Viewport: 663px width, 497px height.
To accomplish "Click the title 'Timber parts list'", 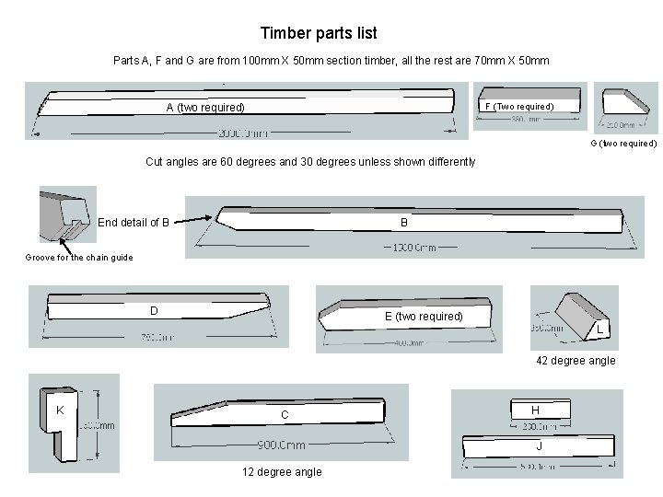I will click(319, 34).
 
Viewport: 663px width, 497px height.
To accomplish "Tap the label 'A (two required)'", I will click(205, 108).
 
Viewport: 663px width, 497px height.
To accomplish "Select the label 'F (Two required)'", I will click(520, 107).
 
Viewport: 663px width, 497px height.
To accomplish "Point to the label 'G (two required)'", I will click(623, 144).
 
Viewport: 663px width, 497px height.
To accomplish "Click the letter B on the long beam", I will click(403, 222).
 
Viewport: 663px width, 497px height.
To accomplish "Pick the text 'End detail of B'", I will click(134, 222).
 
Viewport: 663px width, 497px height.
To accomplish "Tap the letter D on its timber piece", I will click(155, 310).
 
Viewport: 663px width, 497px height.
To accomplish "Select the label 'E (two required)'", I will click(424, 317).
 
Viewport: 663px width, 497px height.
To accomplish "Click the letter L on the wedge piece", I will click(599, 329).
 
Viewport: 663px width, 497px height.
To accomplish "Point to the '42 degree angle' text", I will click(576, 361).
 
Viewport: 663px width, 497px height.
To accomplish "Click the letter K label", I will click(59, 409).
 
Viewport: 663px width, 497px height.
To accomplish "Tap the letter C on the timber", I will click(285, 415).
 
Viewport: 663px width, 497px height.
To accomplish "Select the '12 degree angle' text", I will click(282, 472).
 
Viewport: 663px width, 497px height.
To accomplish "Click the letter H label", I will click(535, 409).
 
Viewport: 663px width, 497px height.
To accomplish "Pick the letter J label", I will click(539, 446).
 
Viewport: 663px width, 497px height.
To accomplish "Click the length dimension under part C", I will click(282, 445).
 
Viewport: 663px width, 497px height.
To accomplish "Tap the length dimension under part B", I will click(413, 247).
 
